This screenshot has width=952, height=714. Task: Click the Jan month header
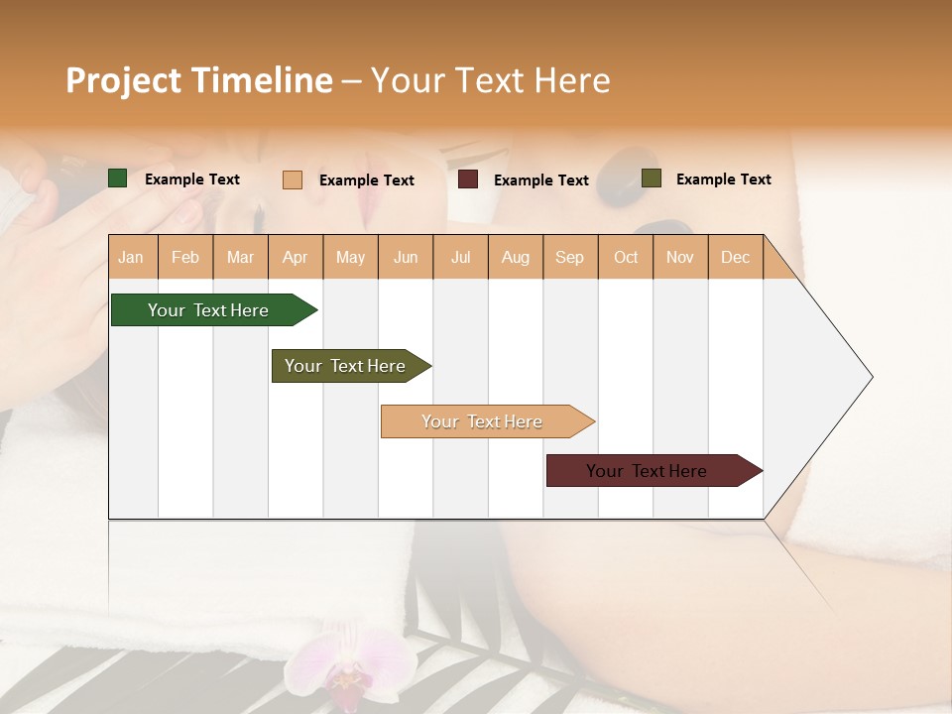point(132,257)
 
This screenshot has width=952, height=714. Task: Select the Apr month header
point(296,257)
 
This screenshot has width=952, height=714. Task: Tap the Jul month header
point(460,257)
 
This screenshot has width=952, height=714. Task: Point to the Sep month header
point(570,257)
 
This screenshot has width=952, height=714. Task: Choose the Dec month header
point(735,257)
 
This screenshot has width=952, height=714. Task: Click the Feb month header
point(185,257)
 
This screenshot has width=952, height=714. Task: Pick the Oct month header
point(626,257)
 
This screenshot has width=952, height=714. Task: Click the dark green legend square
point(118,178)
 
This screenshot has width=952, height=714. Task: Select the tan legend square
point(292,179)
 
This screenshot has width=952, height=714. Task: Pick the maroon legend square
point(468,179)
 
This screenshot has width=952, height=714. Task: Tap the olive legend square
point(651,178)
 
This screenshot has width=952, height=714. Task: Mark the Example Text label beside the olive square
point(723,179)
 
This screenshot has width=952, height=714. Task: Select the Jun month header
point(406,257)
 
